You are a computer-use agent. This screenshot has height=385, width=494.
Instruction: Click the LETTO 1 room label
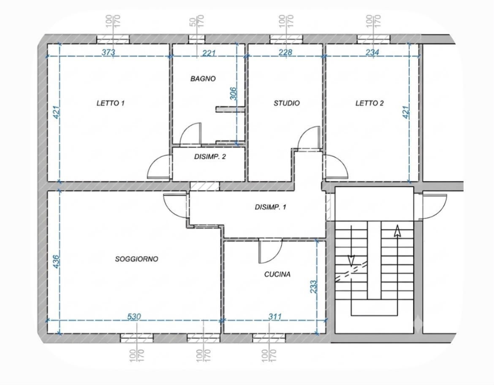(111, 103)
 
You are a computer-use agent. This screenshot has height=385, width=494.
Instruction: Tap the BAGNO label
(203, 79)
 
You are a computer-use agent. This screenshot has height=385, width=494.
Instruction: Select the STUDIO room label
(287, 103)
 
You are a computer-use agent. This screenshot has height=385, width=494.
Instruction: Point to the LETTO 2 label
(369, 103)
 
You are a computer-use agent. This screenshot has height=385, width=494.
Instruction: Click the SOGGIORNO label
(136, 259)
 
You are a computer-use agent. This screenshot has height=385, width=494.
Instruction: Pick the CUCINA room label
(277, 274)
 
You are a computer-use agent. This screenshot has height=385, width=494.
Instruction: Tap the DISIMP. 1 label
(271, 207)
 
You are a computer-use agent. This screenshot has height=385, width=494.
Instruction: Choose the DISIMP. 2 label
(210, 157)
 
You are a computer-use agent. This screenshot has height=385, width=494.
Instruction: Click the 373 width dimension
(109, 52)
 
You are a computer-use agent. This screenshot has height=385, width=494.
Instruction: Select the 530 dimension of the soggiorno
(134, 317)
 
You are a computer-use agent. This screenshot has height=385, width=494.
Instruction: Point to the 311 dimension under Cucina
(275, 317)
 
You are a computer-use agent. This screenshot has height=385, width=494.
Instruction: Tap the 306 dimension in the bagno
(233, 94)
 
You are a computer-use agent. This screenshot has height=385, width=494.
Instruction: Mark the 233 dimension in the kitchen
(313, 287)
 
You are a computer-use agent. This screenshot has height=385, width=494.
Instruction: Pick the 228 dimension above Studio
(285, 52)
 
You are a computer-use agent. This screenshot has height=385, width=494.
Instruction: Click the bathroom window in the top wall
(197, 39)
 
